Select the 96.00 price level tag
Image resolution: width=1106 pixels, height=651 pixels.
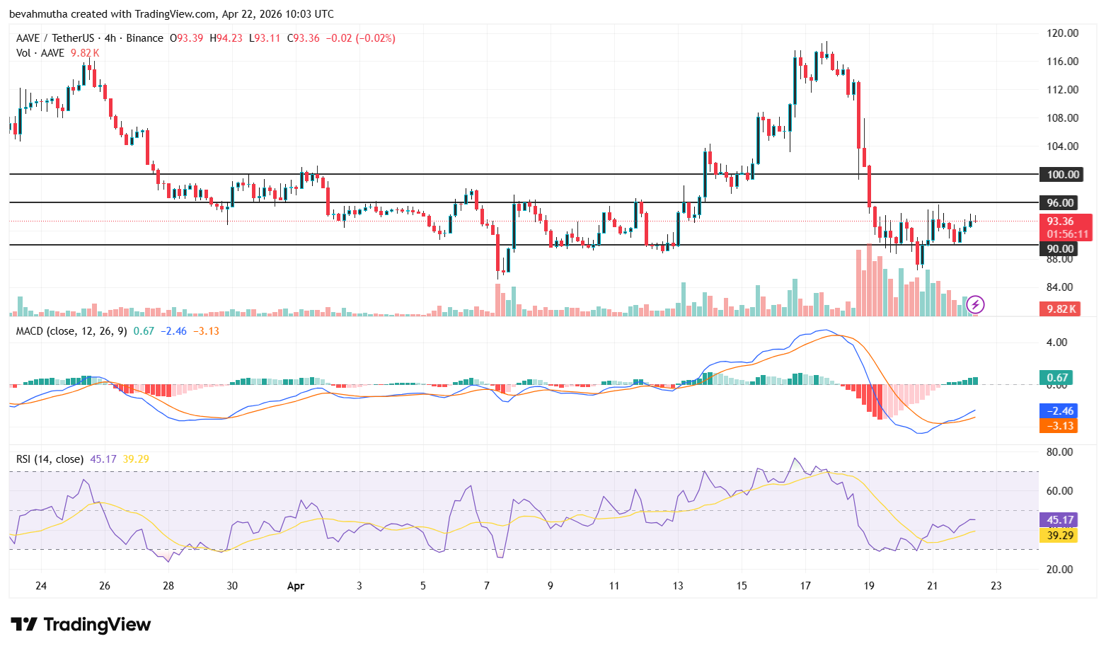click(x=1059, y=202)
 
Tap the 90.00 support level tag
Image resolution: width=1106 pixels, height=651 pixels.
click(x=1059, y=248)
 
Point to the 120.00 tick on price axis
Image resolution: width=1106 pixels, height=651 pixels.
click(x=1062, y=33)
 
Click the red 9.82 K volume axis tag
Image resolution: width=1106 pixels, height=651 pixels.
click(x=1059, y=309)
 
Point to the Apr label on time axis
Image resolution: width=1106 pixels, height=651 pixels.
click(x=296, y=586)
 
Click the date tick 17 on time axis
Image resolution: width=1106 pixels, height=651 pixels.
click(x=805, y=586)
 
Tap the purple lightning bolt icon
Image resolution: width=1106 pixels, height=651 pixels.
click(x=976, y=305)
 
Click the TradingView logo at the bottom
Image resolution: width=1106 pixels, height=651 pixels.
click(x=81, y=624)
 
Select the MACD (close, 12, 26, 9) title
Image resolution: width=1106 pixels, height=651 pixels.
click(x=71, y=331)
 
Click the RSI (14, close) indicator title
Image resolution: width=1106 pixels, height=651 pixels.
click(x=50, y=459)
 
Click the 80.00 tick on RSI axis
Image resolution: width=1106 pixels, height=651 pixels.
click(x=1059, y=451)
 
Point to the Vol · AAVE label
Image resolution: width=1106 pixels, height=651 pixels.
click(x=40, y=53)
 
